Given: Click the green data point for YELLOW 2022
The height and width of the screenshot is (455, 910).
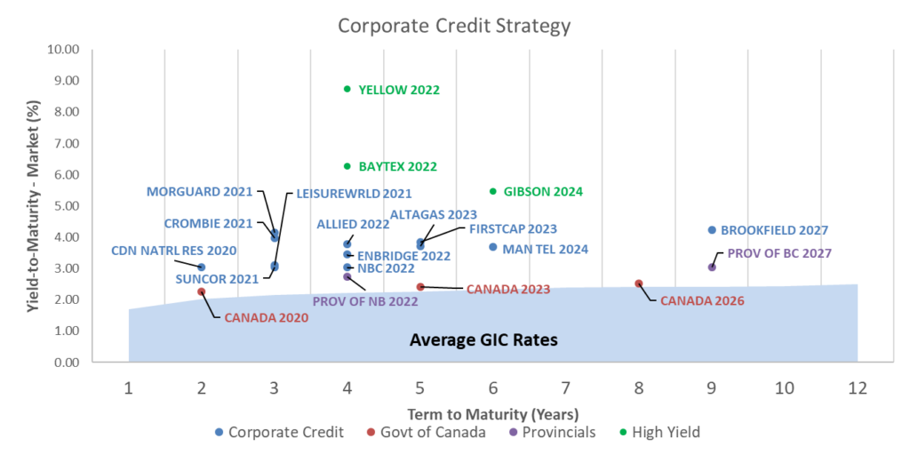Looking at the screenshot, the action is tap(347, 89).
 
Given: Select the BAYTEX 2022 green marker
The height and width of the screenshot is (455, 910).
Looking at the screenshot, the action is tap(347, 166).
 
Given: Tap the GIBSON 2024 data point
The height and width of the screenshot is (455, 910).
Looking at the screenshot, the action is tap(492, 191).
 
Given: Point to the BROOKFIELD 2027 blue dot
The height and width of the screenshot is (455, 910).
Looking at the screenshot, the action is tap(712, 230).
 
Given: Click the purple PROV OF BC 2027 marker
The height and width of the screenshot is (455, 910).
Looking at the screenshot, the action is tap(712, 267).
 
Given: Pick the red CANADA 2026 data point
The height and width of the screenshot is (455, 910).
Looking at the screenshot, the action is tap(639, 283).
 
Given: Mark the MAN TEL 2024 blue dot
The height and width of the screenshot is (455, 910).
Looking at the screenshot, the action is tap(492, 247).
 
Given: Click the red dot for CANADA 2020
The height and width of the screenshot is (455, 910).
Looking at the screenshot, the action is tap(202, 291).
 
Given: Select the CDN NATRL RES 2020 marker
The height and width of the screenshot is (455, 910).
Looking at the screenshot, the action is tap(202, 267).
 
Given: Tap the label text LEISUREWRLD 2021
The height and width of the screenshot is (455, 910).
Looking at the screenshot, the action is tap(354, 193).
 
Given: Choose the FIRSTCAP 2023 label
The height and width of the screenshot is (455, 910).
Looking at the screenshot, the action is tap(513, 228).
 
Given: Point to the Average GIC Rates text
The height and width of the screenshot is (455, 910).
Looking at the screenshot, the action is tap(483, 339).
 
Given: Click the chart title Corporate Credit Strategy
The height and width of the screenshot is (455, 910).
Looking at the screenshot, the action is tap(454, 26).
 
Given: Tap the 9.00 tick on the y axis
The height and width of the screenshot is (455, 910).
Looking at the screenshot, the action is tap(65, 80).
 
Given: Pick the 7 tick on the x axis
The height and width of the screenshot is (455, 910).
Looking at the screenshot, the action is tap(565, 387).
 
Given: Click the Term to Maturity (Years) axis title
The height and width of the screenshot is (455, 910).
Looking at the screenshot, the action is tap(492, 414).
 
